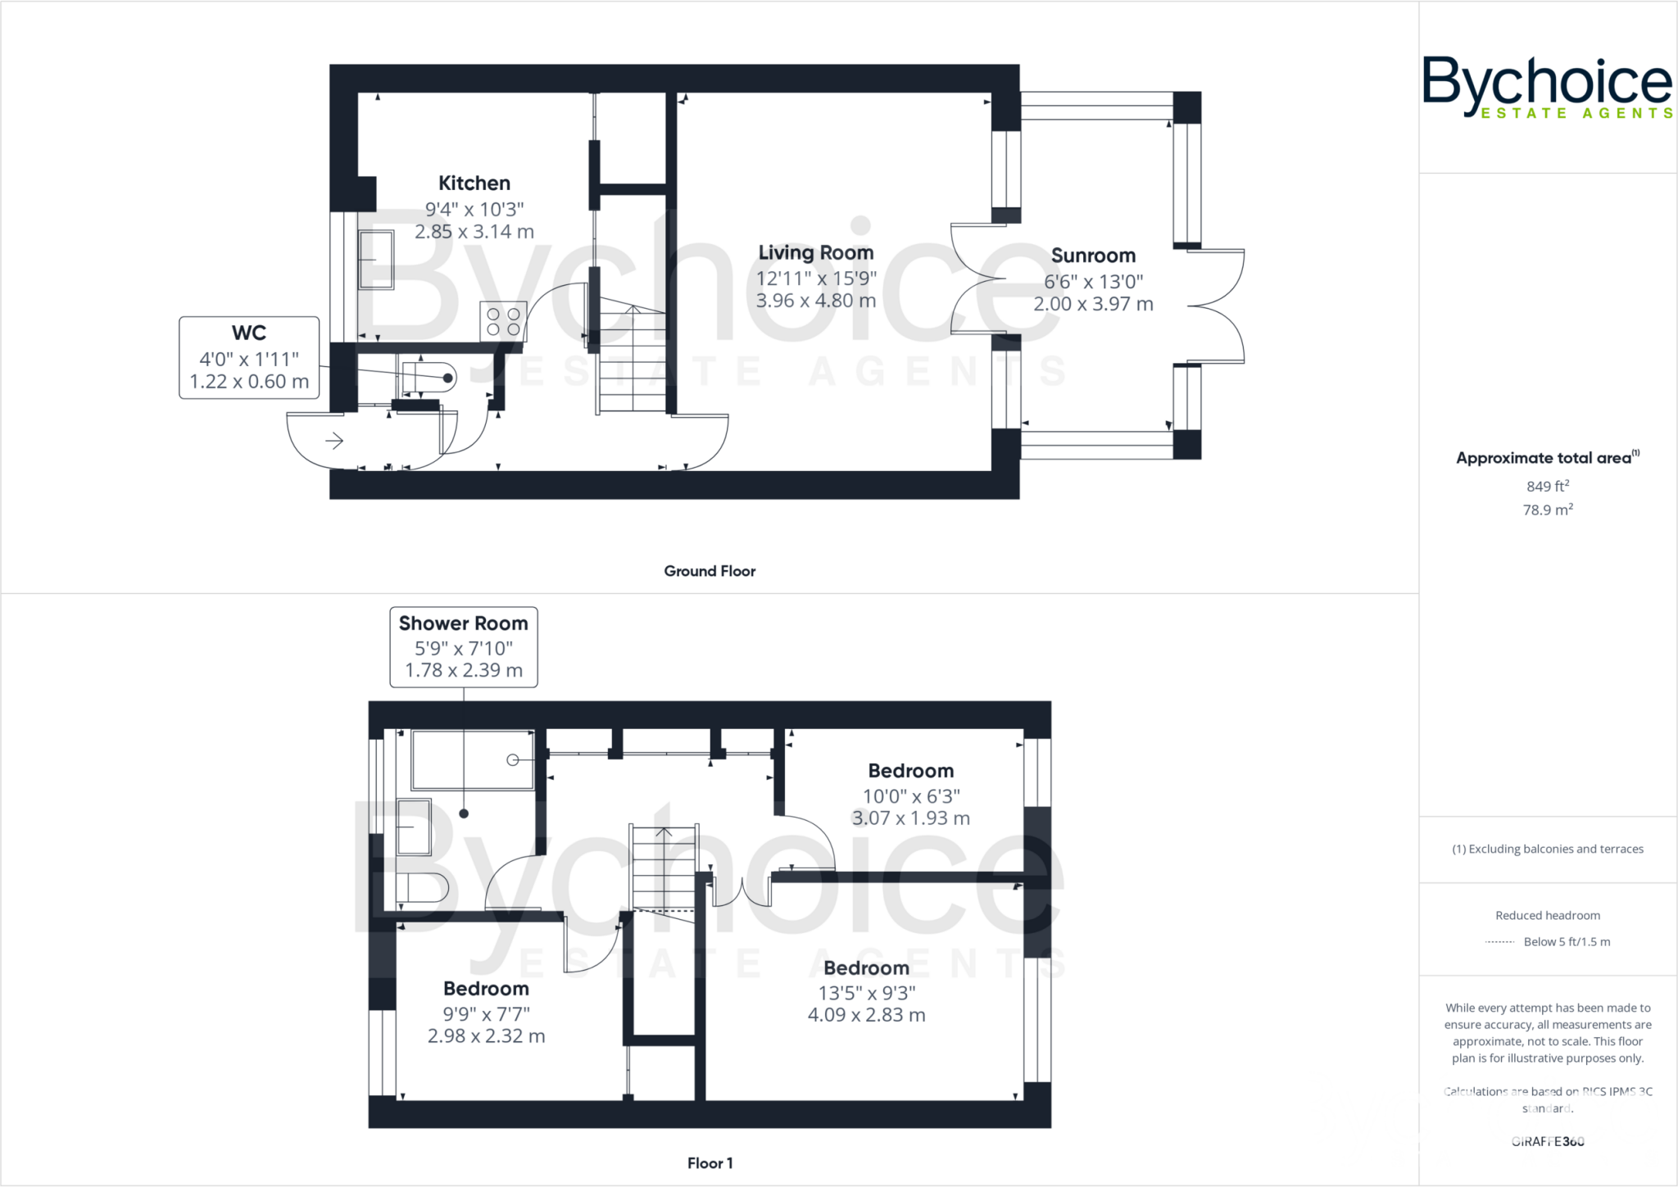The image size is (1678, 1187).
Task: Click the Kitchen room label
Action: coord(474,183)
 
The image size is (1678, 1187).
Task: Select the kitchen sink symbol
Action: coord(376,260)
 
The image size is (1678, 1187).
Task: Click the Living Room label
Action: coord(815,252)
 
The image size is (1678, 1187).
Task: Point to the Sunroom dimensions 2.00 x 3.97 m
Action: coord(1093,304)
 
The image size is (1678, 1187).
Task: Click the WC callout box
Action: coord(249,357)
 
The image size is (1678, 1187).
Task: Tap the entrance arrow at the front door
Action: coord(333,442)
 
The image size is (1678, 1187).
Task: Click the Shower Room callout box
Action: coord(463,646)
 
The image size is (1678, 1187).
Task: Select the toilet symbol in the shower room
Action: coord(421,887)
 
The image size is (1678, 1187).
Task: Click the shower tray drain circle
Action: coord(513,760)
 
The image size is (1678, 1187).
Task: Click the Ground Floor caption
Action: coord(710,571)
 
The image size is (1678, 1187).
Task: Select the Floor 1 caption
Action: coord(710,1163)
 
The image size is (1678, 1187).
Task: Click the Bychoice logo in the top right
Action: coord(1547,87)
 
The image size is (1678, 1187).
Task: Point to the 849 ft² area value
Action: coord(1547,486)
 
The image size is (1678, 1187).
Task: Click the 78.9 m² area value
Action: coord(1547,510)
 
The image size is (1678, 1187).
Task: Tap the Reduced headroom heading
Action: coord(1547,915)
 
